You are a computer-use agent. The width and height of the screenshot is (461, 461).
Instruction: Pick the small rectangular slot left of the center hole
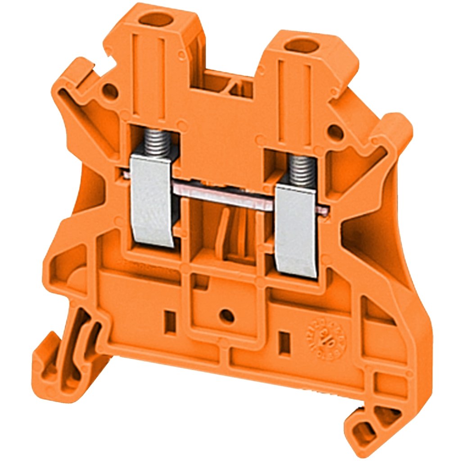pyautogui.click(x=171, y=321)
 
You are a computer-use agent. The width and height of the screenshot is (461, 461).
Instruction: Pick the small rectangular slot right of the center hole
pyautogui.click(x=284, y=342)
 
